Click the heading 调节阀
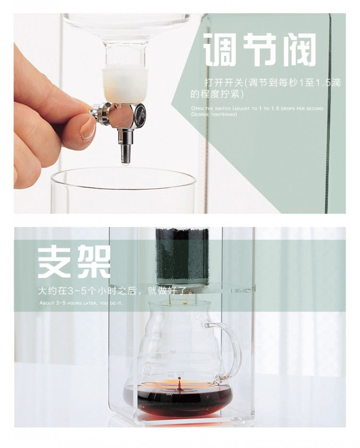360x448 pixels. pyautogui.click(x=259, y=49)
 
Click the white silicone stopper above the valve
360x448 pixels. pyautogui.click(x=125, y=85)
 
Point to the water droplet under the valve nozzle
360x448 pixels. pyautogui.click(x=125, y=163)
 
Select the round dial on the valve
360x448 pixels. pyautogui.click(x=139, y=116)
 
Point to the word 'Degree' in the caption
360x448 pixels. pyautogui.click(x=199, y=114)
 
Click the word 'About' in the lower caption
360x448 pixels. pyautogui.click(x=47, y=303)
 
